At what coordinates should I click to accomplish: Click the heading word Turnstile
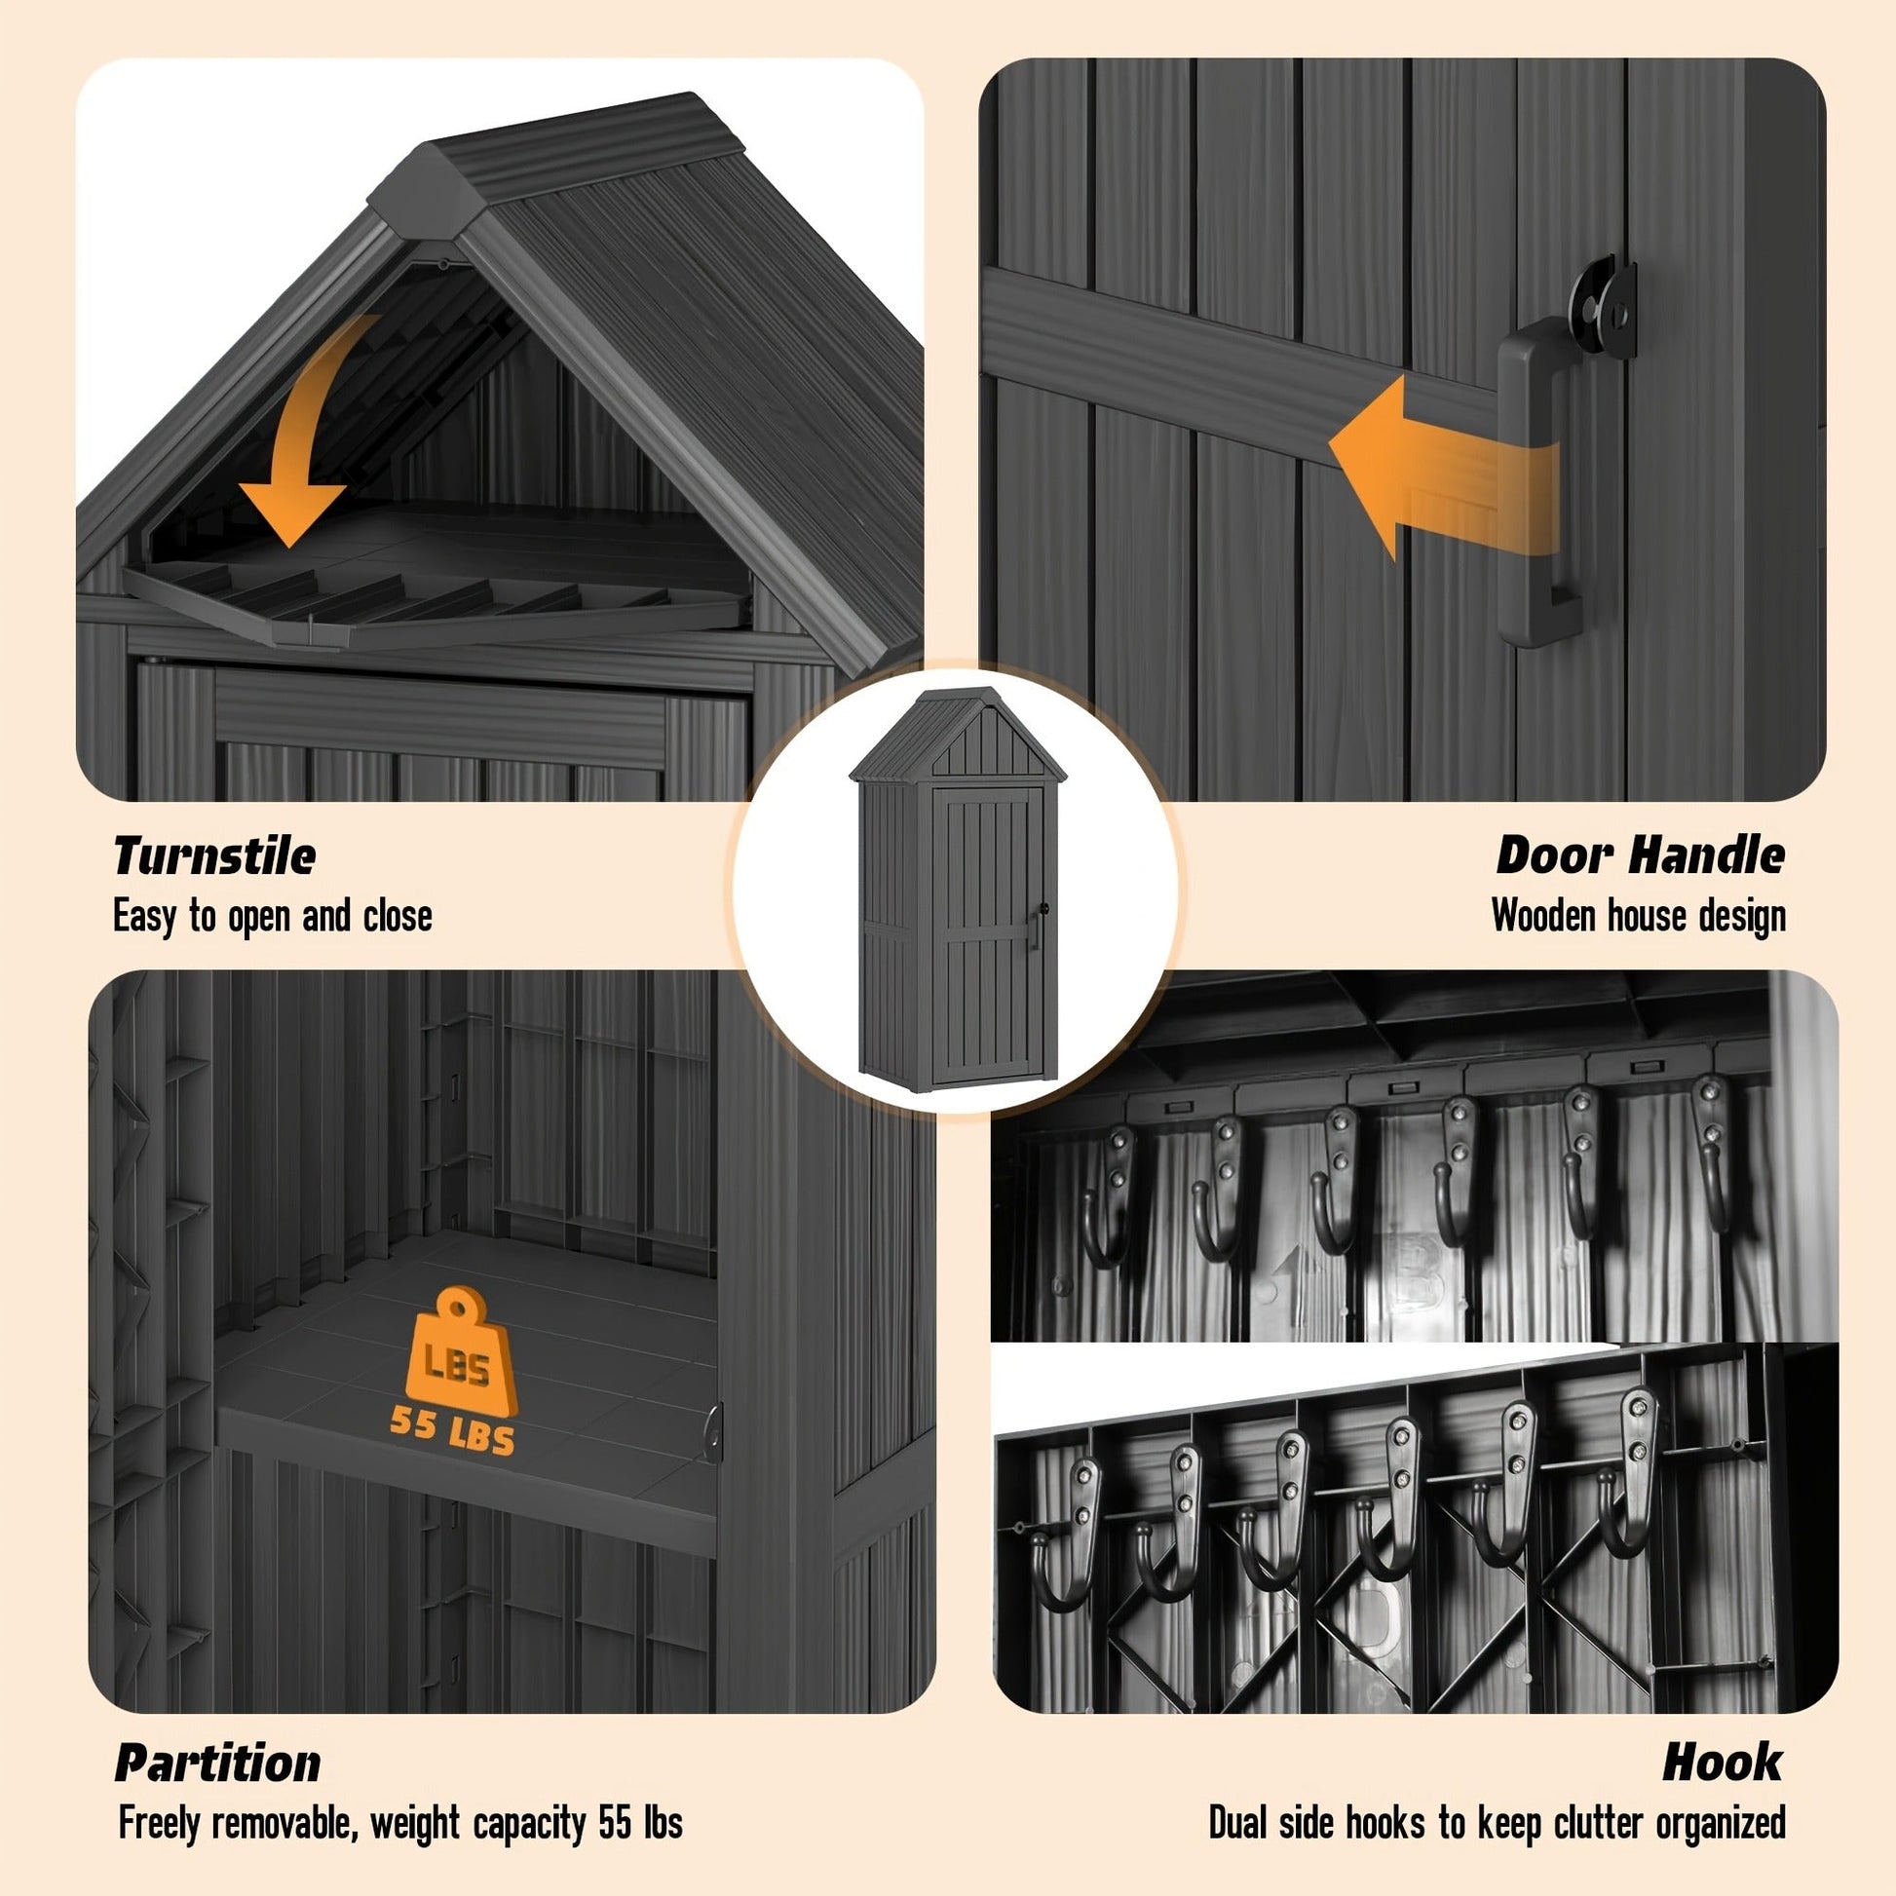tap(214, 855)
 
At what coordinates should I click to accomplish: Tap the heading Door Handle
tap(1640, 855)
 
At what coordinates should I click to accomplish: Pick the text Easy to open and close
tap(273, 918)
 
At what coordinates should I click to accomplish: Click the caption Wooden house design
tap(1639, 917)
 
